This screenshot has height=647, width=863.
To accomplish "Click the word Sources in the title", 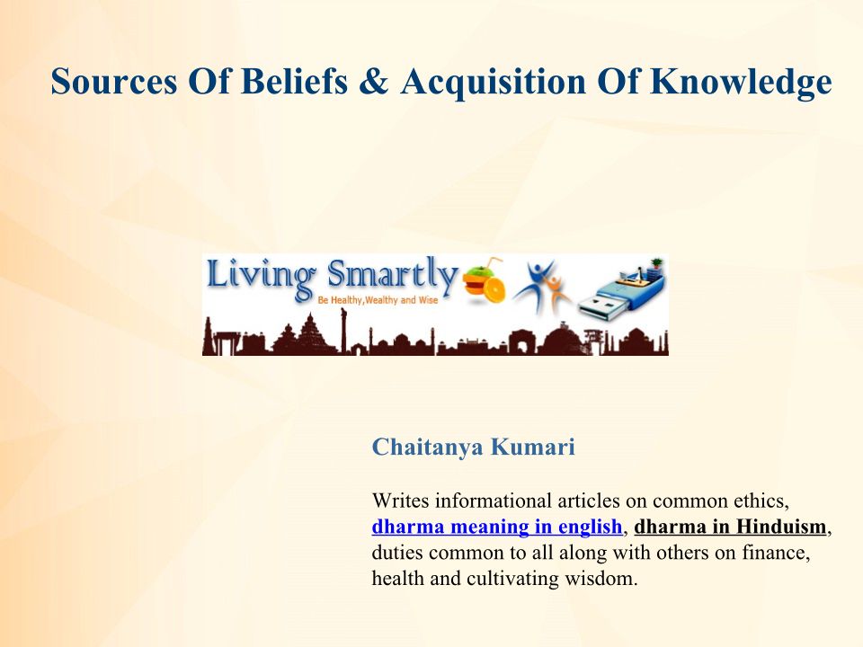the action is (x=114, y=81).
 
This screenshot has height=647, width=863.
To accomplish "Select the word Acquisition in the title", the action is (x=494, y=83).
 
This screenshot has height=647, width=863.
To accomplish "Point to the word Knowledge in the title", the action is (x=741, y=83).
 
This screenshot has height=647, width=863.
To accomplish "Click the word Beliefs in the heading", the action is (x=294, y=81).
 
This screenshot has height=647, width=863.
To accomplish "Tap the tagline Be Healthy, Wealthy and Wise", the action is (x=378, y=300).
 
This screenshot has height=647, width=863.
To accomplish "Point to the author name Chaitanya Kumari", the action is (x=474, y=447).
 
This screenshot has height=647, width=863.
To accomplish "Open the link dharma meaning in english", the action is (x=497, y=527).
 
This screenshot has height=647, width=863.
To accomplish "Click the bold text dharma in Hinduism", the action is (x=730, y=527).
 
